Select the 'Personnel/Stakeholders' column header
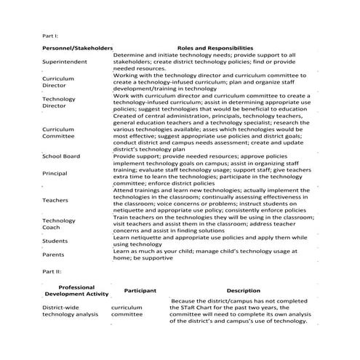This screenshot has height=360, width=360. click(x=77, y=47)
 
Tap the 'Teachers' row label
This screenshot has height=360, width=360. click(x=55, y=199)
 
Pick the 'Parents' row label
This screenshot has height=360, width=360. click(x=54, y=255)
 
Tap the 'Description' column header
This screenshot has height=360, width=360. click(x=237, y=291)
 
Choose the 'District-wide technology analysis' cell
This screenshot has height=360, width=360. click(x=71, y=311)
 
